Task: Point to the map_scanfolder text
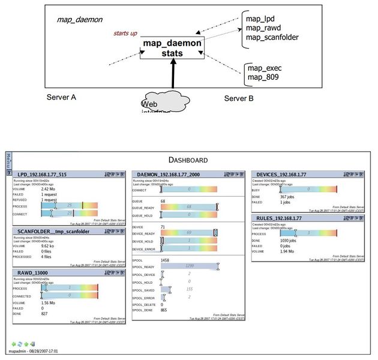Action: [272, 37]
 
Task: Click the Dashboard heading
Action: [188, 160]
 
